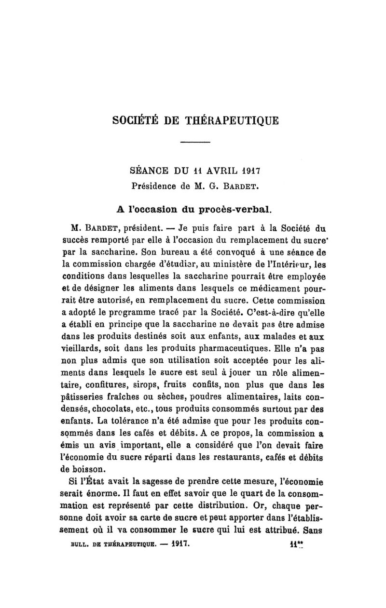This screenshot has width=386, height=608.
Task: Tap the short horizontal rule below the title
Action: click(196, 143)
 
